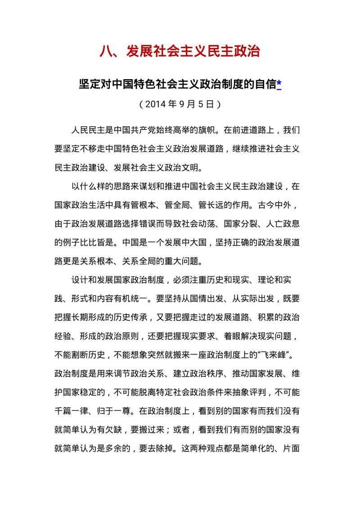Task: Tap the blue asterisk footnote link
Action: click(279, 84)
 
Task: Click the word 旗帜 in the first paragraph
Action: click(208, 131)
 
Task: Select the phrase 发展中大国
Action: click(182, 242)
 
